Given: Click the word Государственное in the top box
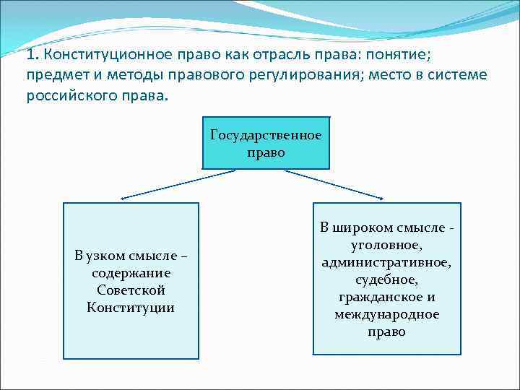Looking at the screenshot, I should [x=266, y=135].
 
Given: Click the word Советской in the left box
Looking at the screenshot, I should [x=131, y=290].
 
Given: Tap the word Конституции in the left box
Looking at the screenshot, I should [x=131, y=308].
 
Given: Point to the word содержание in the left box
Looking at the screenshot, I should [x=131, y=273].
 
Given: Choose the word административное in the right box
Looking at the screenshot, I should [x=386, y=262].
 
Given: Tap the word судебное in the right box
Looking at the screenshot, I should [x=386, y=279].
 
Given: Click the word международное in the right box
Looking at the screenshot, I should [x=386, y=314].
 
